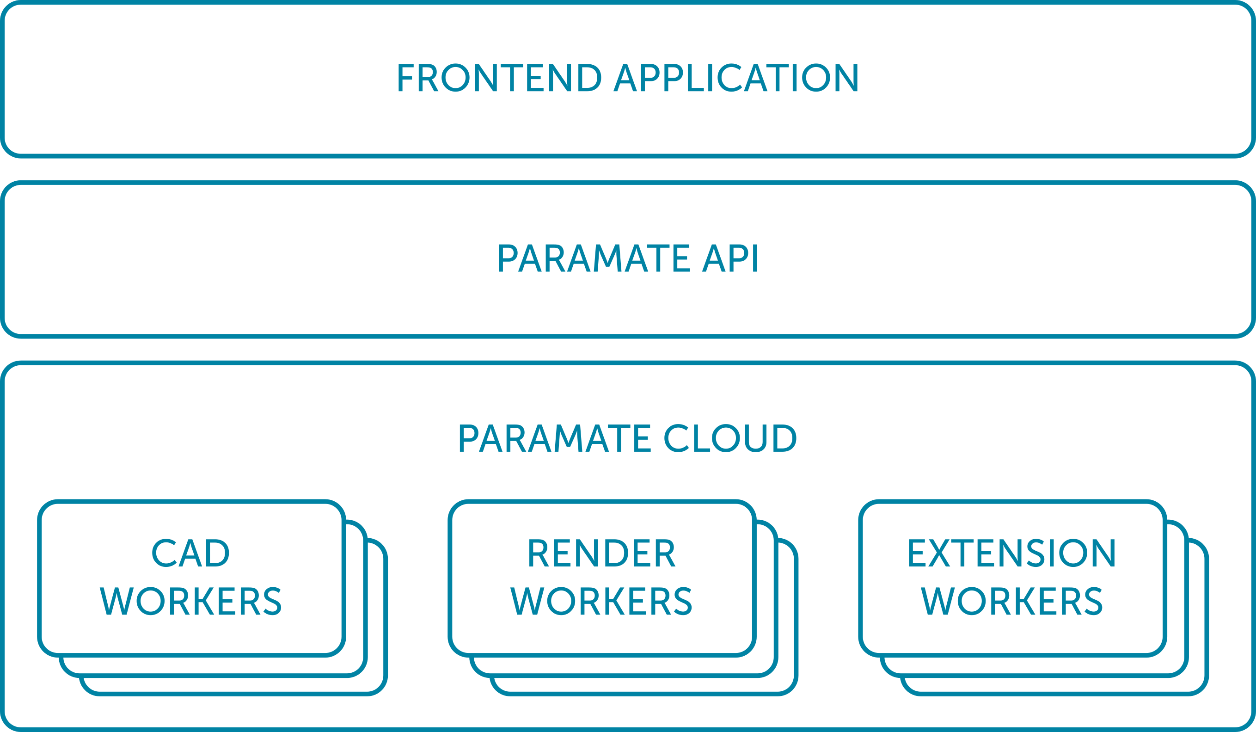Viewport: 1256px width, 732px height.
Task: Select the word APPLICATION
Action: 735,77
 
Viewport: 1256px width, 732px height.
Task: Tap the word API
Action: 729,258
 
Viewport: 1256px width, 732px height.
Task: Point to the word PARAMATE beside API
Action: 594,258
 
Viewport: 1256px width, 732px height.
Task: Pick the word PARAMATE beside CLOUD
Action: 555,438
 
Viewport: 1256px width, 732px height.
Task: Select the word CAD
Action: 190,553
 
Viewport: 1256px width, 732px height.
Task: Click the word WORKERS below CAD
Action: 190,601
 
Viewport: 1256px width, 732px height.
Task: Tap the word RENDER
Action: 602,553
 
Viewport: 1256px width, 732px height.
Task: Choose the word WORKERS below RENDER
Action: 601,601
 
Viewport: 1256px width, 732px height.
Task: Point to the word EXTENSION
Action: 1012,553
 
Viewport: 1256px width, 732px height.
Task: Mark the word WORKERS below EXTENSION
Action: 1012,601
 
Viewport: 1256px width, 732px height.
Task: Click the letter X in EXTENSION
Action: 939,553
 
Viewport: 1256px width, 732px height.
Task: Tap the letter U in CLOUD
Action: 756,438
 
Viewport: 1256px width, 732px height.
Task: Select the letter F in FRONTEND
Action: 406,77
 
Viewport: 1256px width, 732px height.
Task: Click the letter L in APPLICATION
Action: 695,77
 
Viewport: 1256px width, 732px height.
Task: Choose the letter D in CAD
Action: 217,553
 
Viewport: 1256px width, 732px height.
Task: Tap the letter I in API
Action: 755,258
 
